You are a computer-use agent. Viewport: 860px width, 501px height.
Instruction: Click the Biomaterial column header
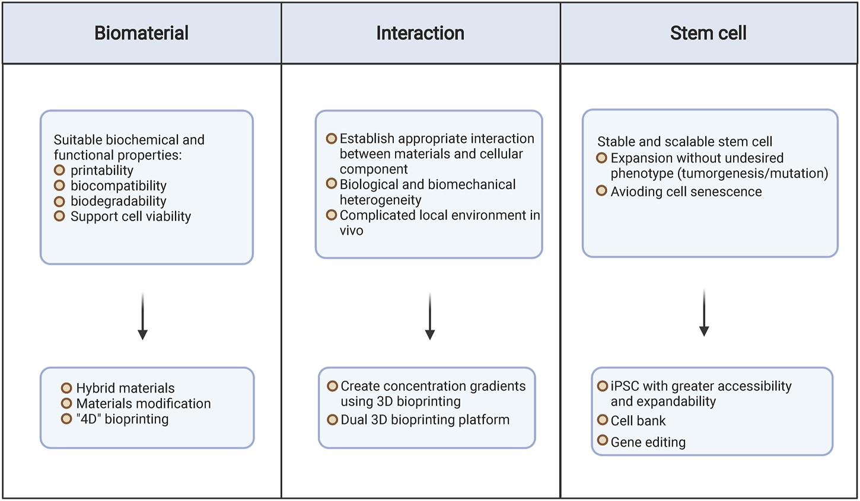pos(141,33)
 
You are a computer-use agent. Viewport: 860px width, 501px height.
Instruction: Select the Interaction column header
pos(420,33)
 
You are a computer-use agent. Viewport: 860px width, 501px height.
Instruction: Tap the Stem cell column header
pos(708,33)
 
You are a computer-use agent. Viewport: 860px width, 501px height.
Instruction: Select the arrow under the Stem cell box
pos(704,314)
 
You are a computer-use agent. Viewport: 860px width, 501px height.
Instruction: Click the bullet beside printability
pos(59,170)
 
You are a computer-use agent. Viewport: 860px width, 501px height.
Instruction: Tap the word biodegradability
pos(118,201)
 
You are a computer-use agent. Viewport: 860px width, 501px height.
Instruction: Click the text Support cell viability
pos(130,216)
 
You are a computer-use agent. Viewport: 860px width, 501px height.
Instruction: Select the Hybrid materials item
pos(125,388)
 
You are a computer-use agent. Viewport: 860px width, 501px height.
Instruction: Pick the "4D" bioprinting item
pos(122,419)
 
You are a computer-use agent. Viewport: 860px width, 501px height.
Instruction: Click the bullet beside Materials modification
pos(66,403)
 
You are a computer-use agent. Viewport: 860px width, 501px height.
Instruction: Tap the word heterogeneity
pos(380,200)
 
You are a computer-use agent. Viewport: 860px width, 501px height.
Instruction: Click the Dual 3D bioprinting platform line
pos(425,420)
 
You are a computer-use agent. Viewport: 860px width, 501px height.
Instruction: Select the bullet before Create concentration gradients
pos(333,386)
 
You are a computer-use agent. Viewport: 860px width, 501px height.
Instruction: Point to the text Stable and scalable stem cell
pos(684,142)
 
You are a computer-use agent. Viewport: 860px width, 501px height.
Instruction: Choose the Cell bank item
pos(638,421)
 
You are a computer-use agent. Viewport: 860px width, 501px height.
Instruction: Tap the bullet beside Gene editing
pos(603,441)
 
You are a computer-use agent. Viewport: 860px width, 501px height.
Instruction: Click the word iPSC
pos(625,386)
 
